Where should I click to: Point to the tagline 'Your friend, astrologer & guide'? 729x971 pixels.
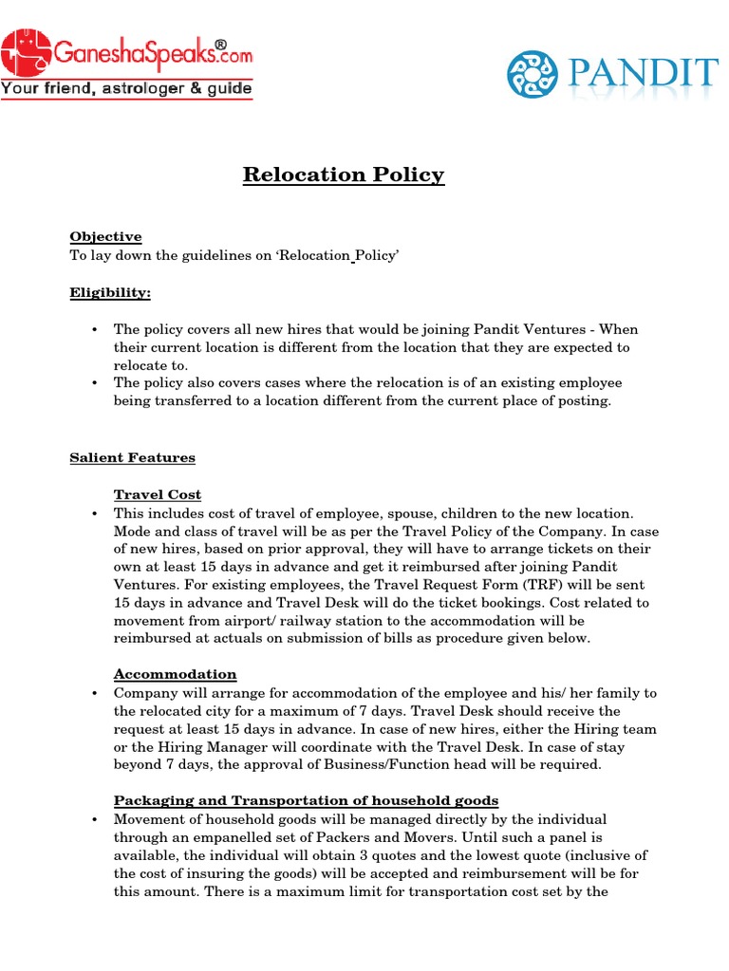[127, 89]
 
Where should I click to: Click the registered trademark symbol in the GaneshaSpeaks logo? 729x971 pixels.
[220, 45]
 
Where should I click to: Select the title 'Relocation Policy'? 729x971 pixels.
[343, 174]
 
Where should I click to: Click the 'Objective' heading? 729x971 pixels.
[105, 236]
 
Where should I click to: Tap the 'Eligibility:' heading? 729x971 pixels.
[110, 293]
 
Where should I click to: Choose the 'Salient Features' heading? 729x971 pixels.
[132, 457]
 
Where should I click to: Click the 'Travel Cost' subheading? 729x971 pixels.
[157, 494]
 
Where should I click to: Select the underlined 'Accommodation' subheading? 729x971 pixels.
[175, 674]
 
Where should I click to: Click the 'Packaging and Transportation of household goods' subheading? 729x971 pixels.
[306, 800]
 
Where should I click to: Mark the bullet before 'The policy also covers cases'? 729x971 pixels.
[95, 384]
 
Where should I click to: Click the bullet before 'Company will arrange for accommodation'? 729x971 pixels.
[95, 694]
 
